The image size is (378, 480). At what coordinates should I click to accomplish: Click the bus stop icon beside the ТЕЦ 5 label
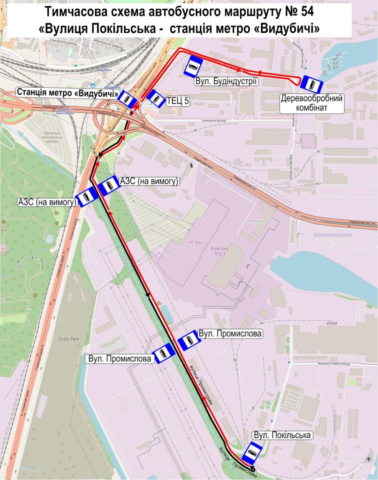(155, 98)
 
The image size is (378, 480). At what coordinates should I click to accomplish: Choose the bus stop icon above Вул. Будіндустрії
(193, 67)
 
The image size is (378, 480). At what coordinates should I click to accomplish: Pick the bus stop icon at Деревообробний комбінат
(311, 84)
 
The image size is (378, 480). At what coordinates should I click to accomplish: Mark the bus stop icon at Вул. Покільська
(252, 452)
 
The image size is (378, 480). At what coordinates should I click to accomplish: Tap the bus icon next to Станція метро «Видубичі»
(127, 99)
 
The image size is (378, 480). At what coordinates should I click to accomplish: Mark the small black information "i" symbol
(191, 165)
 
